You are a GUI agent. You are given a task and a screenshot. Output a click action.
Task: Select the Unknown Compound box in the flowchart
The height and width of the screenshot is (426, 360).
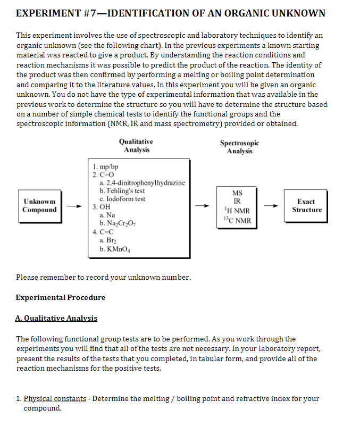pyautogui.click(x=39, y=206)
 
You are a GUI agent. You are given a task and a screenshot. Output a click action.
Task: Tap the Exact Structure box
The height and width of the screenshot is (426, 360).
pyautogui.click(x=306, y=206)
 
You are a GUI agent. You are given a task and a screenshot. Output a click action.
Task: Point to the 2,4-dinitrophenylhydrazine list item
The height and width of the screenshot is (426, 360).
pyautogui.click(x=140, y=182)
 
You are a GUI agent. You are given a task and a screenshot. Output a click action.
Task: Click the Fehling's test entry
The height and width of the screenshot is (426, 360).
pyautogui.click(x=122, y=191)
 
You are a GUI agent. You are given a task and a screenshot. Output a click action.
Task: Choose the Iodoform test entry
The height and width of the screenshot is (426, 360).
pyautogui.click(x=122, y=199)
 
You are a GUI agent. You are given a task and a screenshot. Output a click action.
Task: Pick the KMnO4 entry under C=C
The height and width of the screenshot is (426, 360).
pyautogui.click(x=115, y=247)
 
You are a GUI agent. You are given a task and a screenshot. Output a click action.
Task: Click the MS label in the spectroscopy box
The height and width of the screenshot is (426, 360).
pyautogui.click(x=237, y=194)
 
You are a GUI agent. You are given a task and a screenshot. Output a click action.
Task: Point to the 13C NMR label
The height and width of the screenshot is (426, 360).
pyautogui.click(x=237, y=220)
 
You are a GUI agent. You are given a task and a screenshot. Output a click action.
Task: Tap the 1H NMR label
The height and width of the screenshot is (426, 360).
pyautogui.click(x=237, y=211)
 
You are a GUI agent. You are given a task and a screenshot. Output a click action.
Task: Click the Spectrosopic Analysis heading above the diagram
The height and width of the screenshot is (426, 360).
pyautogui.click(x=239, y=147)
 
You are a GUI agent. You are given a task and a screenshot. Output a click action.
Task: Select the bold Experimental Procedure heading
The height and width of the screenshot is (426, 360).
pyautogui.click(x=61, y=297)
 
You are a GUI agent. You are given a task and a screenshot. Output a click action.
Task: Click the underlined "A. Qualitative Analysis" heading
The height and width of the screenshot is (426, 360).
pyautogui.click(x=56, y=318)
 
